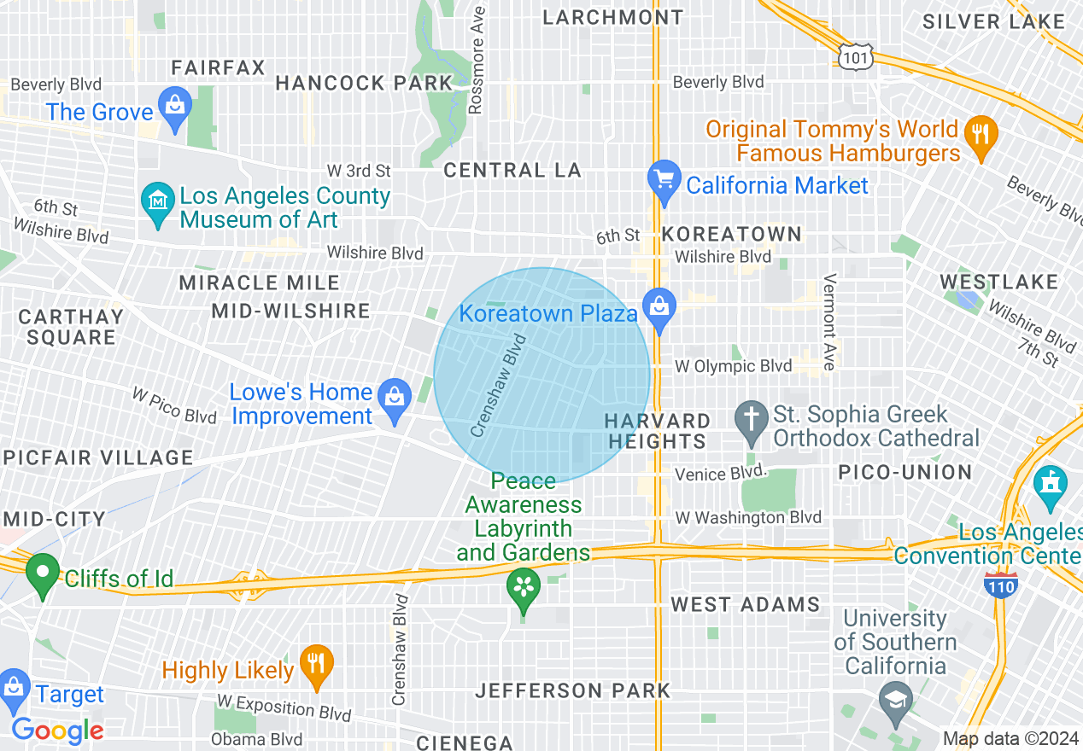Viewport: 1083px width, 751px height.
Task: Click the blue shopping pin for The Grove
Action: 175,108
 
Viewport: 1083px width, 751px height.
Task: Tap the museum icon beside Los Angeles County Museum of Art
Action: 157,202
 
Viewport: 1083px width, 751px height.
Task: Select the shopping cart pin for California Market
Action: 664,180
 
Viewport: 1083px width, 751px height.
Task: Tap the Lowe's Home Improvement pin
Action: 394,399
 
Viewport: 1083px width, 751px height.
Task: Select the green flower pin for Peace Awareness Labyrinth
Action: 524,588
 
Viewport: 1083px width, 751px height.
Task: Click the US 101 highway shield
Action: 854,56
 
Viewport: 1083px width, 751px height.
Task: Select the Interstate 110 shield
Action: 999,585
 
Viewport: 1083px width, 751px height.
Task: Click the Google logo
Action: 57,731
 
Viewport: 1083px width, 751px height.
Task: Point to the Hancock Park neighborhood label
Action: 364,83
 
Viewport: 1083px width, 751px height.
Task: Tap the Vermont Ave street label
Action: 828,322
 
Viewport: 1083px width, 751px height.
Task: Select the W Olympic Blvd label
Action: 734,366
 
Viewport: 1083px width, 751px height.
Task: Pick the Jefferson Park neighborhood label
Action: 572,690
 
